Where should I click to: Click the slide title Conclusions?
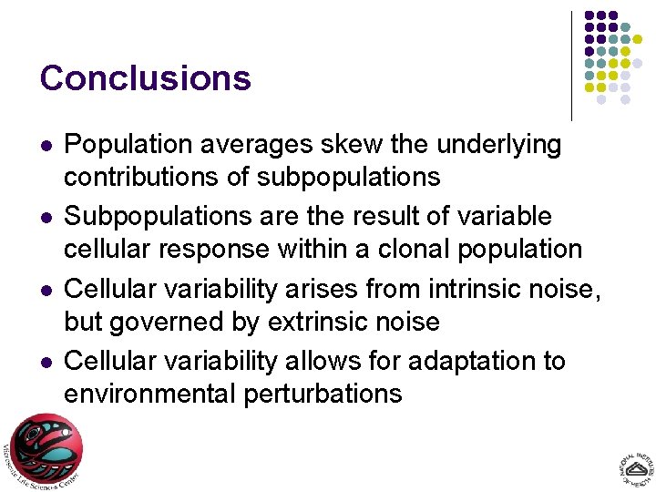click(x=145, y=78)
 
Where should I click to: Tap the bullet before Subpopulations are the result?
click(x=46, y=218)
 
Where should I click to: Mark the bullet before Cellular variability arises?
click(x=46, y=291)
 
